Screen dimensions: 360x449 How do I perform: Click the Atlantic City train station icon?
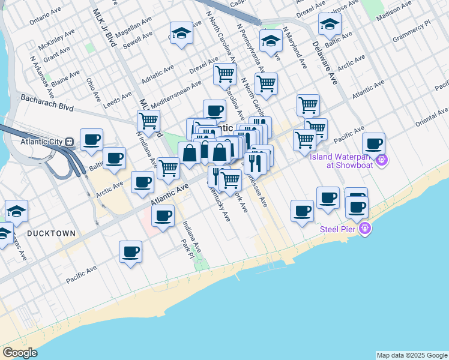(x=70, y=142)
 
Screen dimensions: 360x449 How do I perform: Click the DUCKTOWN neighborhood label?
(x=51, y=233)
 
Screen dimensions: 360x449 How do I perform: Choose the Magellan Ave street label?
(x=134, y=27)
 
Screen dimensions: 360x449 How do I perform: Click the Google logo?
(x=20, y=353)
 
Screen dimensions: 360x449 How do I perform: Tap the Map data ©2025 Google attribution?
(x=411, y=355)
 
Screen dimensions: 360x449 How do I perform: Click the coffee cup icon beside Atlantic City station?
(x=91, y=140)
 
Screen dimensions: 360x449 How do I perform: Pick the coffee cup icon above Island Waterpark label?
(x=373, y=144)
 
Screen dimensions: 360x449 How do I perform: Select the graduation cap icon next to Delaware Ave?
(x=330, y=25)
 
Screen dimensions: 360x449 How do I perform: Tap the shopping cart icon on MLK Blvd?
(x=148, y=120)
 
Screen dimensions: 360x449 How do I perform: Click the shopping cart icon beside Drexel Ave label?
(x=224, y=74)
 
